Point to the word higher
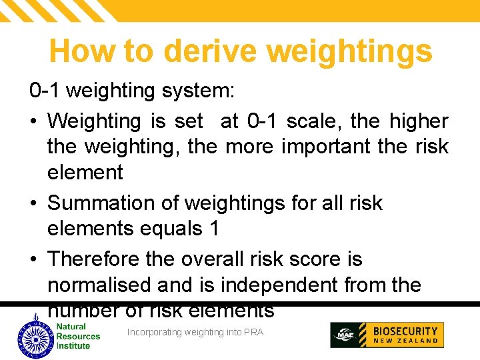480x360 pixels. [419, 121]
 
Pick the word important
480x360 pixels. [316, 147]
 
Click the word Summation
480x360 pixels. [113, 202]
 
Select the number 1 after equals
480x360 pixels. [213, 229]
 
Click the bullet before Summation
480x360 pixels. [34, 203]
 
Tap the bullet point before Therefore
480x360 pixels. [34, 259]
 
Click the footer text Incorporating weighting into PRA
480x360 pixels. [195, 332]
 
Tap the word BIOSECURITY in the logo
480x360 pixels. [405, 331]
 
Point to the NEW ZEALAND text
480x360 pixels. [405, 341]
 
